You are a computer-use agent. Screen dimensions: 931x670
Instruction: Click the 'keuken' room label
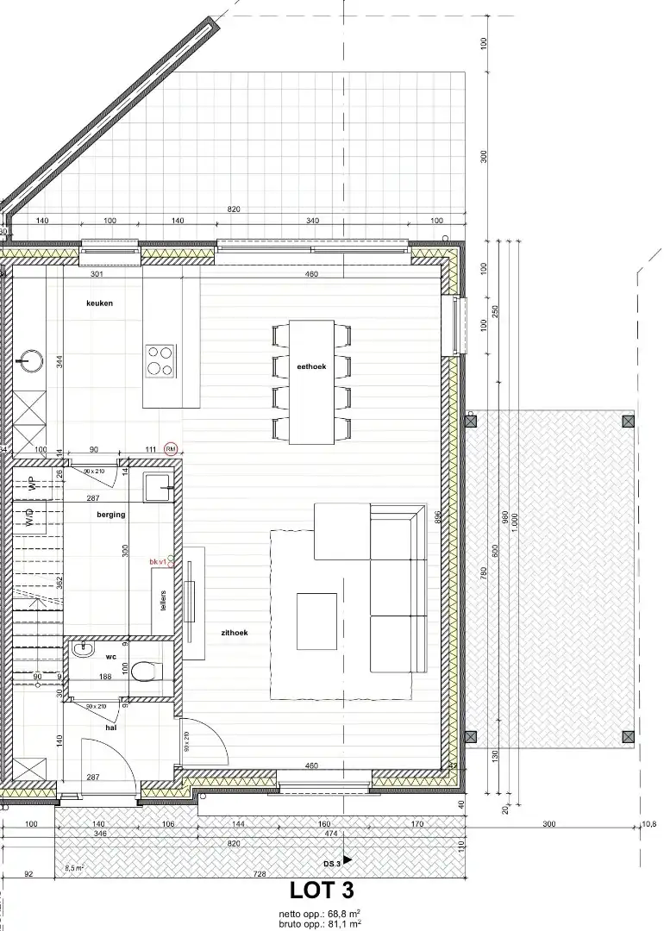[x=99, y=303]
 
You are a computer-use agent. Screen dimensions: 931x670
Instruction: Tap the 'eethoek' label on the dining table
[x=311, y=366]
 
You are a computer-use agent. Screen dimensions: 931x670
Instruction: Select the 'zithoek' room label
[x=235, y=632]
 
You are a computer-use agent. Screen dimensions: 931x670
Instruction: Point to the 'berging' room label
[x=111, y=515]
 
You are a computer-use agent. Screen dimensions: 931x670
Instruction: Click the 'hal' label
[x=111, y=728]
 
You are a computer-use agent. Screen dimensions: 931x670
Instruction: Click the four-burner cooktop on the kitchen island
[x=160, y=360]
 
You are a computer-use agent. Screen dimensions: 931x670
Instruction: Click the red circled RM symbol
[x=171, y=449]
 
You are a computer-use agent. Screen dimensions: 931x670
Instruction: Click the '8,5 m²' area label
[x=74, y=868]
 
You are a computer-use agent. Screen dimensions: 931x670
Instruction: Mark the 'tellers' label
[x=163, y=600]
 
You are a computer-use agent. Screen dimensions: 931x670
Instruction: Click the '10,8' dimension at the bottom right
[x=648, y=824]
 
